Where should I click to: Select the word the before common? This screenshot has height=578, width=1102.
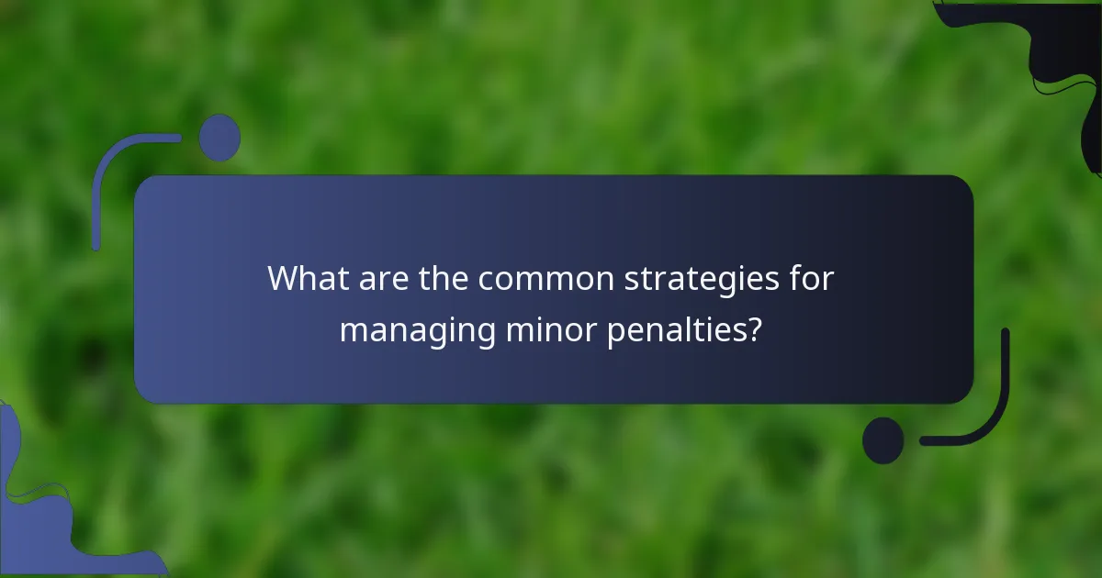(x=443, y=279)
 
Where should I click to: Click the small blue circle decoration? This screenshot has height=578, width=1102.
(x=219, y=138)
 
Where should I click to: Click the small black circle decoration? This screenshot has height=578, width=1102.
(x=883, y=440)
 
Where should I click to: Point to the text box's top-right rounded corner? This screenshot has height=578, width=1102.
(x=961, y=187)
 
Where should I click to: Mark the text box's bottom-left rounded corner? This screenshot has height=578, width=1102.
(x=147, y=391)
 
